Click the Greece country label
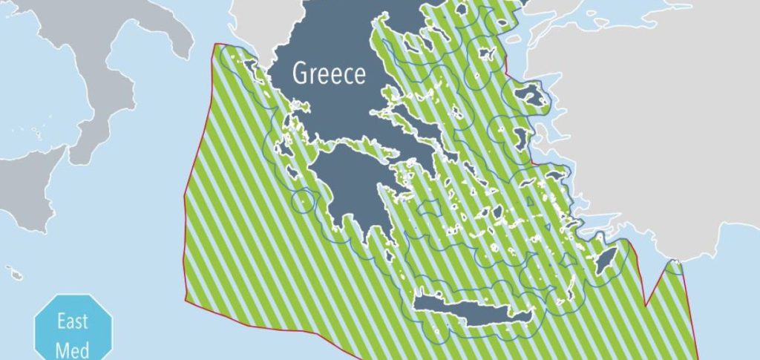coord(329,74)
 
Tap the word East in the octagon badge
coord(73,322)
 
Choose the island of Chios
coord(519,137)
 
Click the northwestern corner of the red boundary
coord(214,45)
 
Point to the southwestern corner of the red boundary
coord(184,300)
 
